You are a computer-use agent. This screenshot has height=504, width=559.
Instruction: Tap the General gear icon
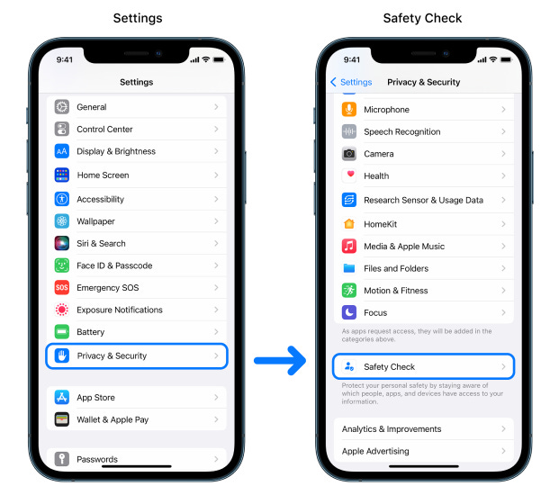pyautogui.click(x=62, y=107)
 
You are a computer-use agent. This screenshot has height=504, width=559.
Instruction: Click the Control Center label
pyautogui.click(x=104, y=130)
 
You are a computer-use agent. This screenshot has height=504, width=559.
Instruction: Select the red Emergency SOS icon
pyautogui.click(x=62, y=288)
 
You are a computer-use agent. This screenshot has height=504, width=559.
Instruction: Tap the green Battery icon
pyautogui.click(x=62, y=332)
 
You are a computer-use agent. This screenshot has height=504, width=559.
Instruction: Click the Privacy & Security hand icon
pyautogui.click(x=62, y=355)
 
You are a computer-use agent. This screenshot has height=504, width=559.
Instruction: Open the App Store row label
pyautogui.click(x=95, y=398)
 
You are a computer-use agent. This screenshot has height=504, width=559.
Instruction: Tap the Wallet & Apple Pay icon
pyautogui.click(x=62, y=419)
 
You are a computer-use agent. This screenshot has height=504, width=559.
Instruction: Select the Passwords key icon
pyautogui.click(x=62, y=459)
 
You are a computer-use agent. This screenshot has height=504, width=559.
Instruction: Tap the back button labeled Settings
pyautogui.click(x=351, y=82)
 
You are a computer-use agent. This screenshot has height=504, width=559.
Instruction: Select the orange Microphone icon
pyautogui.click(x=349, y=110)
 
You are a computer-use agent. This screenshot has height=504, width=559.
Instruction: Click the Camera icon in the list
pyautogui.click(x=349, y=154)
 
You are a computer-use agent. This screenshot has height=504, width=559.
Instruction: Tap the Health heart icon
pyautogui.click(x=349, y=175)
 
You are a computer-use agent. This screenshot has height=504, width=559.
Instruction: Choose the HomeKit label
pyautogui.click(x=380, y=224)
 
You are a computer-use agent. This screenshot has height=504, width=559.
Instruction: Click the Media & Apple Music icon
pyautogui.click(x=349, y=247)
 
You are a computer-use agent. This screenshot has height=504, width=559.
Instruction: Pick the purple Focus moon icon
pyautogui.click(x=349, y=313)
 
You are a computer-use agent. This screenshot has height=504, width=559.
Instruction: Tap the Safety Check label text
pyautogui.click(x=389, y=367)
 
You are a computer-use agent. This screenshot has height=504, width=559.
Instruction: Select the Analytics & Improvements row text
pyautogui.click(x=391, y=429)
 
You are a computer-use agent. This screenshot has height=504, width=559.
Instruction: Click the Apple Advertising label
pyautogui.click(x=375, y=452)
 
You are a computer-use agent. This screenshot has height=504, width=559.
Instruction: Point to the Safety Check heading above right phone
pyautogui.click(x=423, y=18)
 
